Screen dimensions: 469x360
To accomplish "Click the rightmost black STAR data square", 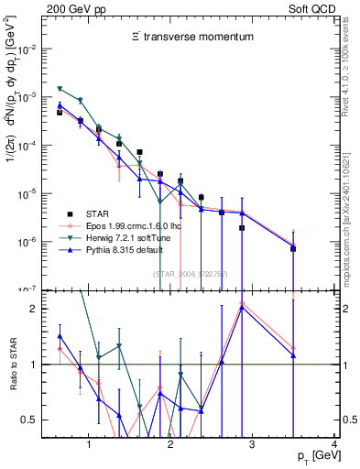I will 293,248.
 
